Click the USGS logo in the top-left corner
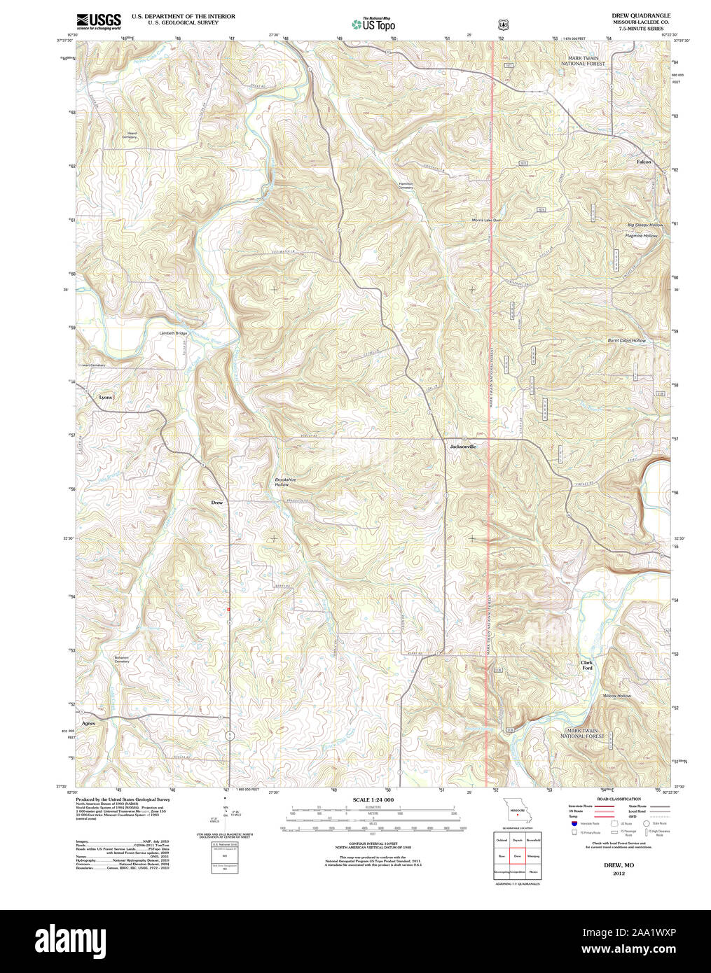click(x=98, y=20)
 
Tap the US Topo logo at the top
click(x=373, y=24)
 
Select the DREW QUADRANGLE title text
click(x=640, y=15)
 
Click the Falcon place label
click(x=644, y=162)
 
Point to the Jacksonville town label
click(x=463, y=446)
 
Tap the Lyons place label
click(x=105, y=397)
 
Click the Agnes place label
click(x=88, y=722)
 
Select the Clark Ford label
click(x=586, y=665)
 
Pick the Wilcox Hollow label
click(x=616, y=696)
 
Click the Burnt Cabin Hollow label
click(x=626, y=340)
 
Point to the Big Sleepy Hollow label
click(x=644, y=225)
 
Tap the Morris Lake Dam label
click(x=486, y=220)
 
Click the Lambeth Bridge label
click(x=172, y=333)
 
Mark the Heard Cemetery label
click(x=130, y=135)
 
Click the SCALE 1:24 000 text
click(x=373, y=799)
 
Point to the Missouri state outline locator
click(x=517, y=812)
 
